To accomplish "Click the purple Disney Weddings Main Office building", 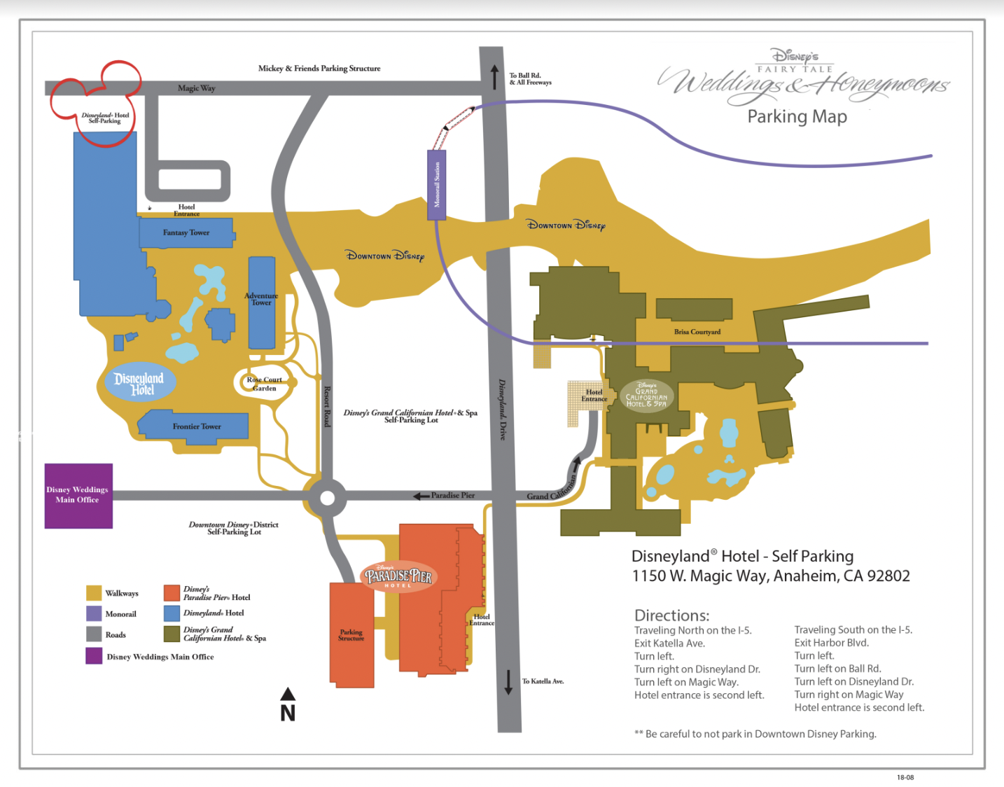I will pyautogui.click(x=78, y=495).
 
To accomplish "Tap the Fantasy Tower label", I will pyautogui.click(x=186, y=232).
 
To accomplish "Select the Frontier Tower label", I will pyautogui.click(x=197, y=426).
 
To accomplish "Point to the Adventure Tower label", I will pyautogui.click(x=261, y=299).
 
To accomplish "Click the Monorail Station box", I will pyautogui.click(x=437, y=185).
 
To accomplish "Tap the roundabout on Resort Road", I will pyautogui.click(x=327, y=499).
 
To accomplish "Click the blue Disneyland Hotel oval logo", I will pyautogui.click(x=140, y=383).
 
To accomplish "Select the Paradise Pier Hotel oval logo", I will pyautogui.click(x=398, y=577).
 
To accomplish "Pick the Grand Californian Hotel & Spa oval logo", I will pyautogui.click(x=646, y=396).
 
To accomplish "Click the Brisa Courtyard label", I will pyautogui.click(x=697, y=332).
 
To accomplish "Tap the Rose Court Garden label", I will pyautogui.click(x=264, y=384).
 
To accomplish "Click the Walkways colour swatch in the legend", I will pyautogui.click(x=94, y=593).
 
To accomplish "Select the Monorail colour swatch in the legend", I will pyautogui.click(x=94, y=613).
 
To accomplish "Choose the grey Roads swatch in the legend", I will pyautogui.click(x=94, y=634).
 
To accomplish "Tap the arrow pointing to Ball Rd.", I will pyautogui.click(x=494, y=77).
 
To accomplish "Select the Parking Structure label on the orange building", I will pyautogui.click(x=351, y=635).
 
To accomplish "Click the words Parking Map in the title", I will pyautogui.click(x=797, y=116).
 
